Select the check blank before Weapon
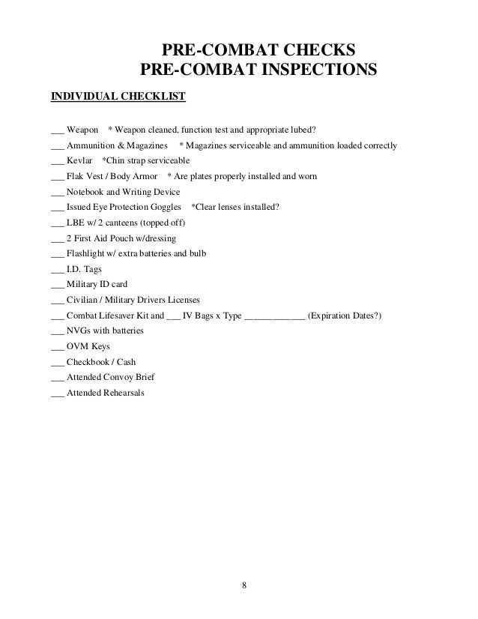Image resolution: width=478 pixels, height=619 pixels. pos(56,125)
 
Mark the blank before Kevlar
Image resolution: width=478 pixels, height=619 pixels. pos(56,162)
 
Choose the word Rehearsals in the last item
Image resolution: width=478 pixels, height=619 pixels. pos(124,393)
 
